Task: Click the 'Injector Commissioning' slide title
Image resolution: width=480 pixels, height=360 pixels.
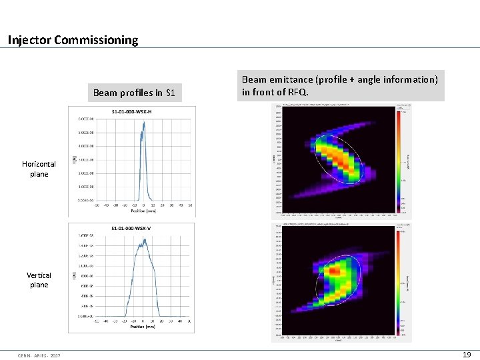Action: click(x=73, y=40)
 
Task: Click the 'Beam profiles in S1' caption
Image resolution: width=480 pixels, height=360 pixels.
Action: click(x=134, y=93)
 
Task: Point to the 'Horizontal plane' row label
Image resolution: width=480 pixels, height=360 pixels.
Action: click(x=39, y=169)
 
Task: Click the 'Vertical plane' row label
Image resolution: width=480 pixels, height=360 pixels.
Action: click(x=39, y=280)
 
